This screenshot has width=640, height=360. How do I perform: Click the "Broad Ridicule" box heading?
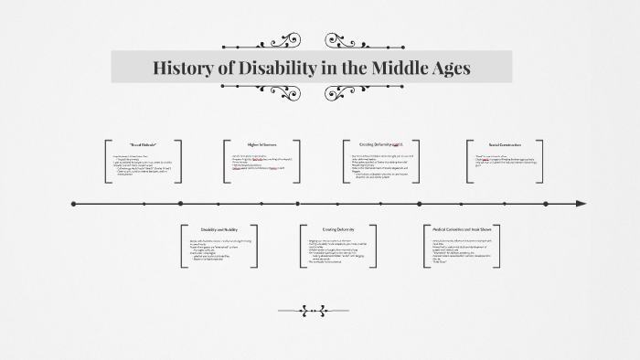(144, 145)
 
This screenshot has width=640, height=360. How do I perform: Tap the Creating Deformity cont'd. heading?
(381, 144)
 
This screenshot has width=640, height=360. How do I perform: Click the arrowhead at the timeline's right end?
(581, 203)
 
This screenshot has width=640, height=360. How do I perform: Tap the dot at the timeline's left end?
(73, 203)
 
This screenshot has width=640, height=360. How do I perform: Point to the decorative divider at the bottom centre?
(319, 310)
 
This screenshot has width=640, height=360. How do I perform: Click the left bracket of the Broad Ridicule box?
(107, 162)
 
